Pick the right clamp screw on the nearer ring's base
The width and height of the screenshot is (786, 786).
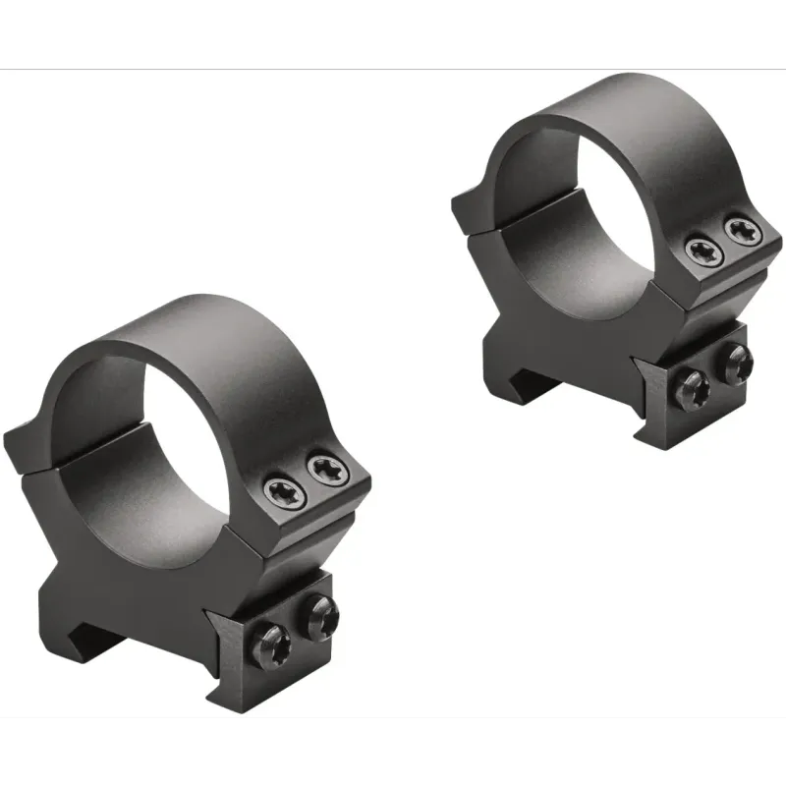pos(322,615)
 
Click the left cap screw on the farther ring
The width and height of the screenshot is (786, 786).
pos(703,252)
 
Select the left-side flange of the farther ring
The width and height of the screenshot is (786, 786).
pos(472,211)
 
